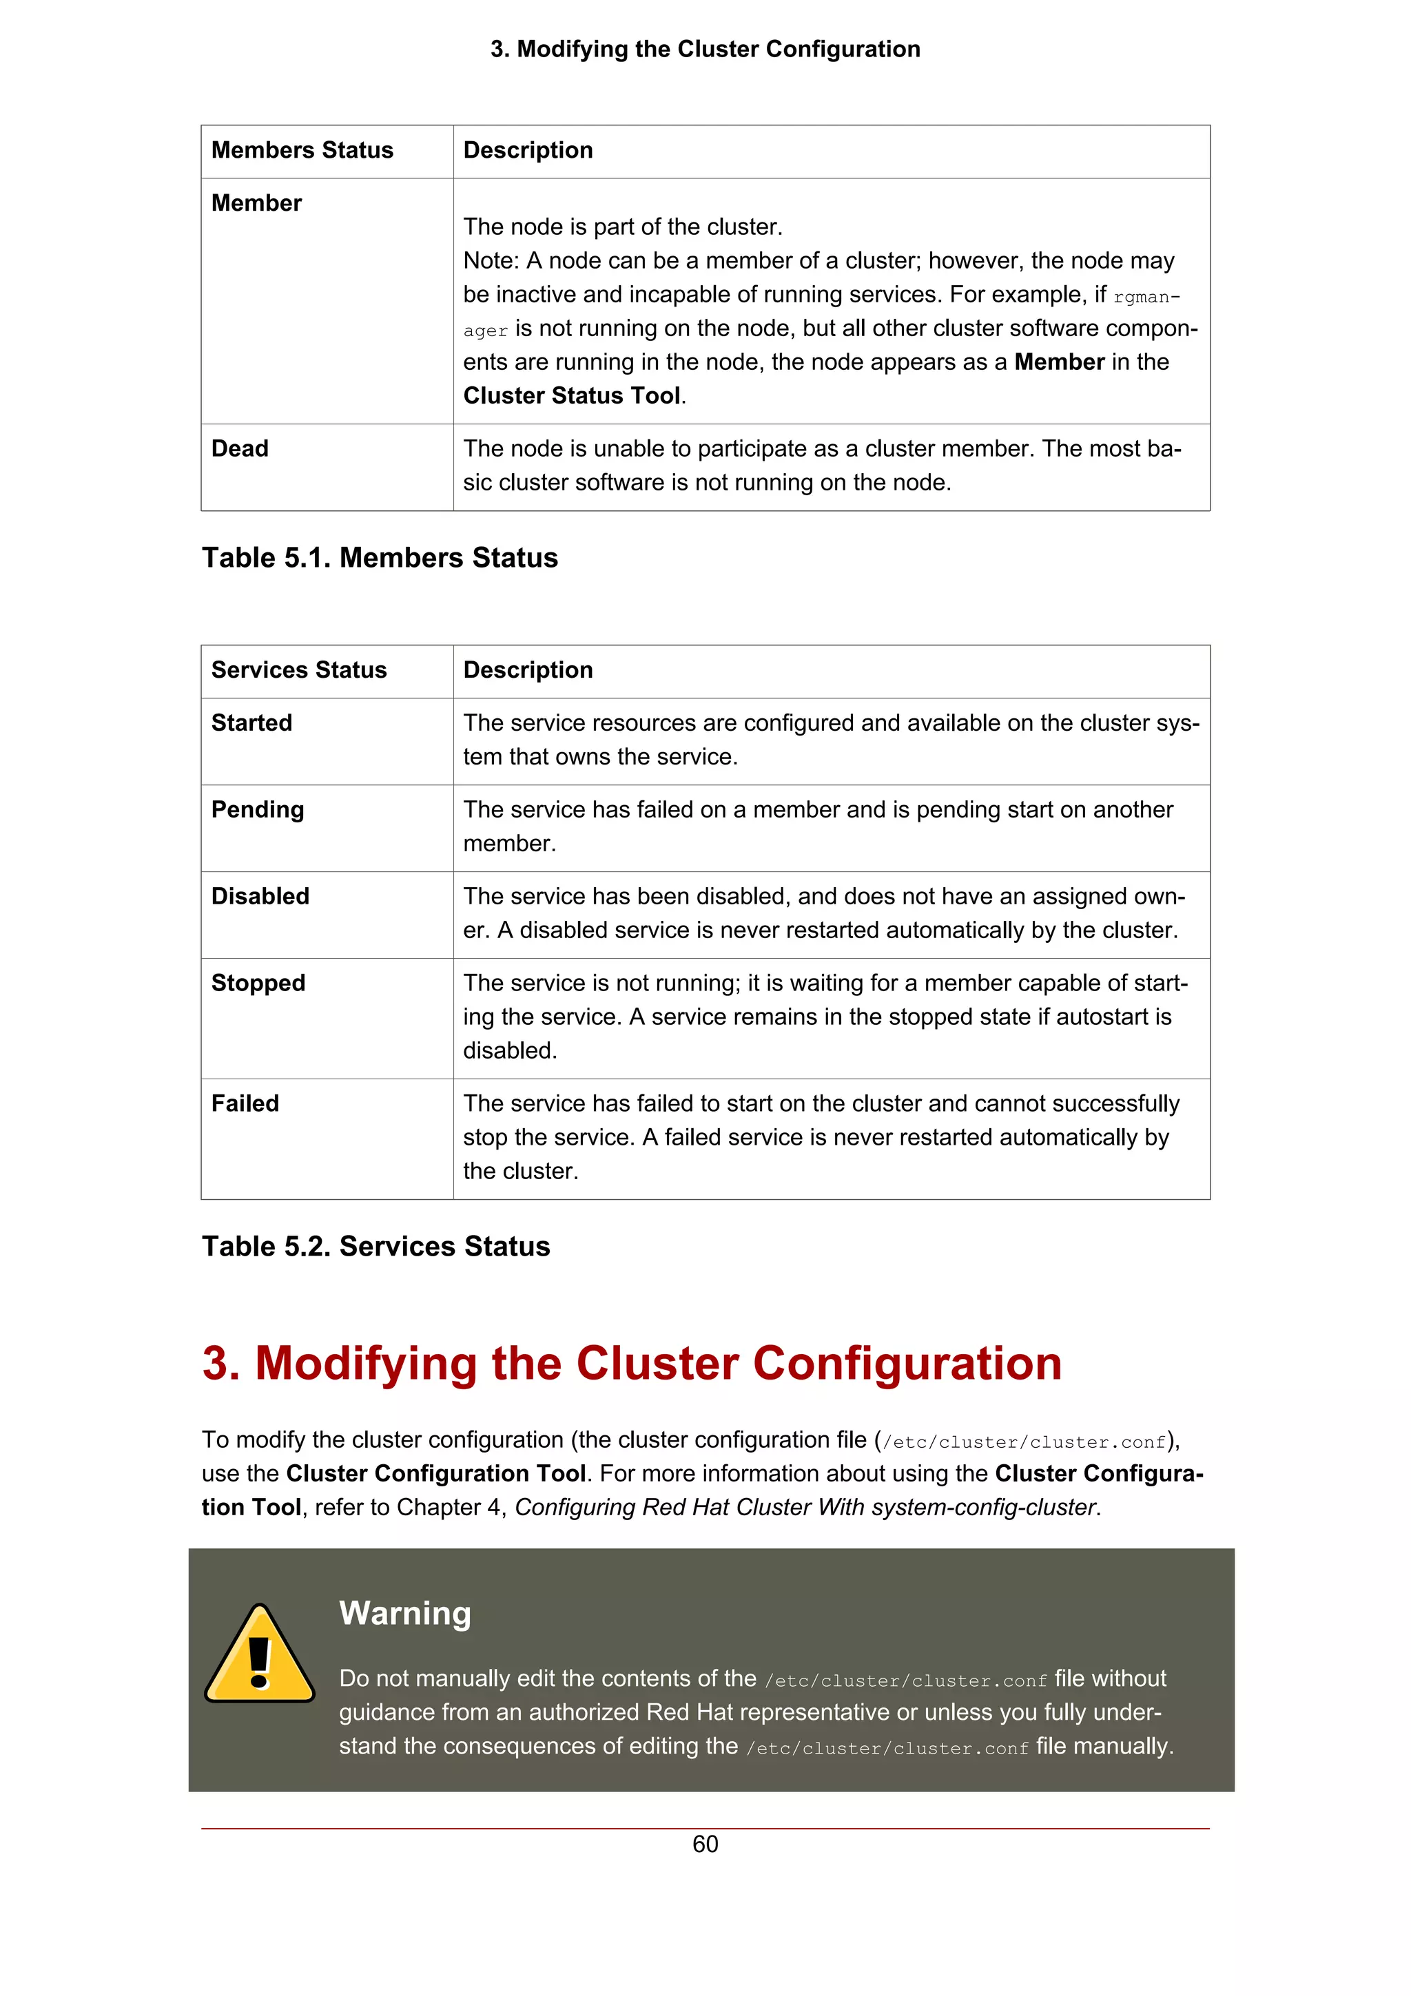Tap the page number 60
[705, 1844]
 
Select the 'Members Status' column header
[302, 150]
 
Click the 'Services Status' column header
[298, 670]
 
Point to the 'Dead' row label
[240, 448]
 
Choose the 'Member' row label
[256, 203]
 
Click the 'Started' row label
[251, 723]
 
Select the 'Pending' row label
[258, 810]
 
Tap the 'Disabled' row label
[260, 896]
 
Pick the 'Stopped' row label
[258, 984]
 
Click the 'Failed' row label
[245, 1104]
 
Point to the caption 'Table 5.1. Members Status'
[380, 558]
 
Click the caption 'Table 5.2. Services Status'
[375, 1247]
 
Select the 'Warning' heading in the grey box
[405, 1614]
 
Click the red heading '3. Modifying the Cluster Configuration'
[632, 1363]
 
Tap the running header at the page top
[705, 50]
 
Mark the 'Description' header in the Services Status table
[528, 670]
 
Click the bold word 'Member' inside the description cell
[1059, 362]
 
